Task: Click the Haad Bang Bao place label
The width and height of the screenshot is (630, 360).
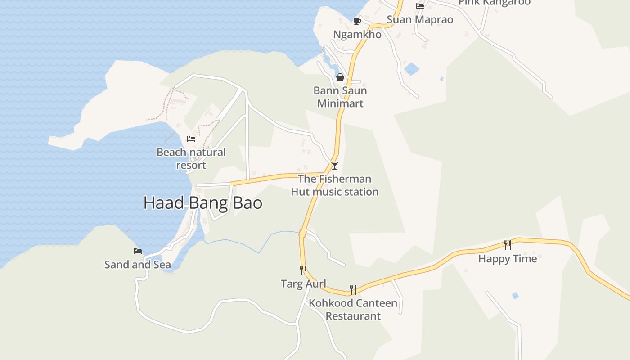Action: (x=202, y=203)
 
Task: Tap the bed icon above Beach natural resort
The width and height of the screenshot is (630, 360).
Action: (x=191, y=139)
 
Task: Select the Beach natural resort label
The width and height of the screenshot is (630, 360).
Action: (x=191, y=158)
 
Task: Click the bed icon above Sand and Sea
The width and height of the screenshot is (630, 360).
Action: (x=138, y=251)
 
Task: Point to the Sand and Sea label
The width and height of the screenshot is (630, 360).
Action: (x=138, y=265)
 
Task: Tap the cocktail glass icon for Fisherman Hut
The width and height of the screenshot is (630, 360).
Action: (x=334, y=165)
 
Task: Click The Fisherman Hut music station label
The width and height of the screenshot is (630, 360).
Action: (x=334, y=185)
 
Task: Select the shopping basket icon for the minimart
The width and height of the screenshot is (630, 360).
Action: (x=340, y=77)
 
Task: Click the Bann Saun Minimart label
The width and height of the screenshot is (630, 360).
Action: (x=340, y=97)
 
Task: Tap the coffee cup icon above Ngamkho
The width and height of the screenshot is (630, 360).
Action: (x=357, y=21)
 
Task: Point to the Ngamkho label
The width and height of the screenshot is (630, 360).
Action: (x=357, y=35)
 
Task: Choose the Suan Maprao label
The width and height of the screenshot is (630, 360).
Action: (x=420, y=20)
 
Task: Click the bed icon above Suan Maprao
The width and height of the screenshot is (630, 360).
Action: (x=420, y=6)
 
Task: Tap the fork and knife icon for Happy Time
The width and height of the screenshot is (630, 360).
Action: (x=508, y=245)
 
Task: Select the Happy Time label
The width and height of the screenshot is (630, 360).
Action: (x=508, y=259)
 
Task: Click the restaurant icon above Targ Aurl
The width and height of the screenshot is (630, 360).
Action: (x=303, y=270)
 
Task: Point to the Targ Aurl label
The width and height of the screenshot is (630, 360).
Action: (x=303, y=284)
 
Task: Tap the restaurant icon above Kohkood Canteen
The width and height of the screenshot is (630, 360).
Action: (x=353, y=289)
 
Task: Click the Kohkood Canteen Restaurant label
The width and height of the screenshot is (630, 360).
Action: (x=353, y=310)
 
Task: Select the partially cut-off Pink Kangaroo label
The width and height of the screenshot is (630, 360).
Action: (x=495, y=3)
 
